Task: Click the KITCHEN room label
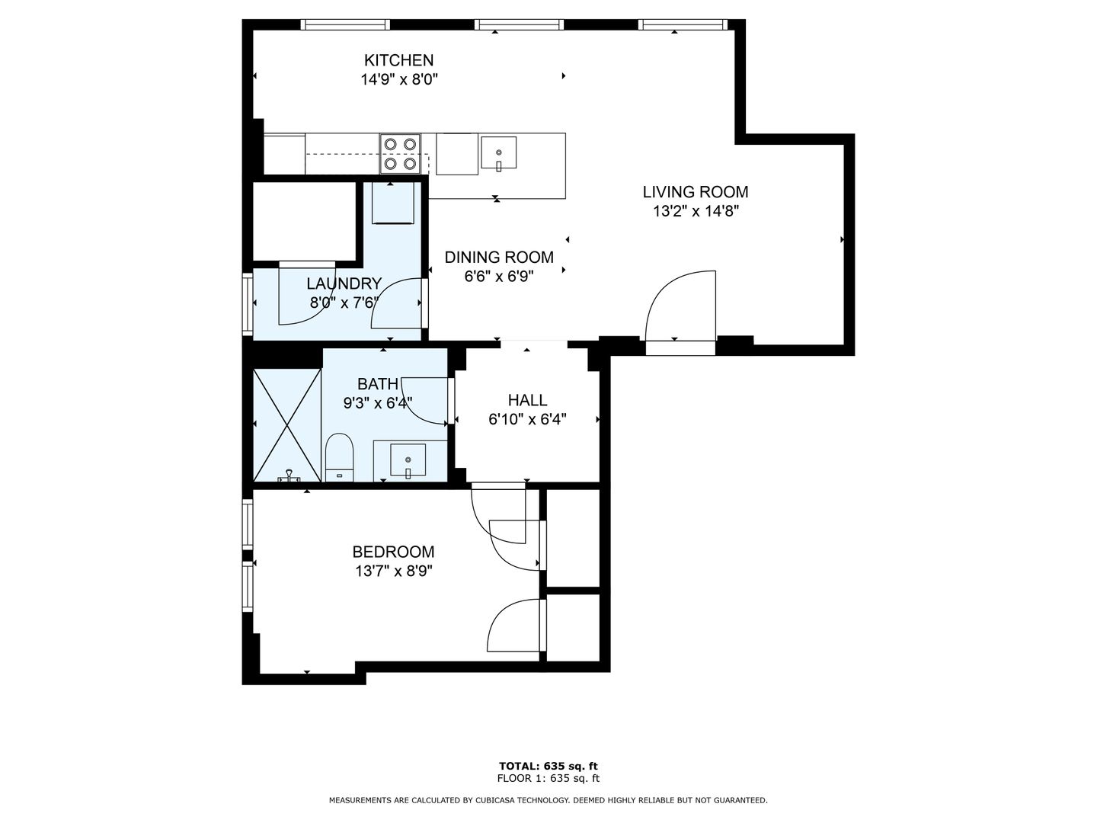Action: tap(398, 60)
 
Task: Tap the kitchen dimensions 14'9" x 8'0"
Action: tap(399, 79)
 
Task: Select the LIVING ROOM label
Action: tap(696, 192)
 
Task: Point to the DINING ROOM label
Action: tap(499, 258)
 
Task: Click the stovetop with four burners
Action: tap(400, 154)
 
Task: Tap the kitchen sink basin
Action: tap(498, 152)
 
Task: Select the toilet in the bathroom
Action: tap(339, 457)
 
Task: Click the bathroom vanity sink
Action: tap(408, 460)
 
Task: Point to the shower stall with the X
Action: tap(287, 425)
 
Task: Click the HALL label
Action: tap(527, 400)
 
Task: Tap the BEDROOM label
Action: tap(393, 552)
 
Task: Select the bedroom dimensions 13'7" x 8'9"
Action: tap(393, 572)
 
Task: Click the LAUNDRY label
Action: tap(344, 283)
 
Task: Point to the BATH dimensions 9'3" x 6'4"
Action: tap(377, 403)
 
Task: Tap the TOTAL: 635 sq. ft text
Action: tap(548, 766)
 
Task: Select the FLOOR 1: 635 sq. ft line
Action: tap(548, 778)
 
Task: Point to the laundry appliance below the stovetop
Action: tap(393, 203)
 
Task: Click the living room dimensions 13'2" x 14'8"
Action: tap(696, 211)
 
